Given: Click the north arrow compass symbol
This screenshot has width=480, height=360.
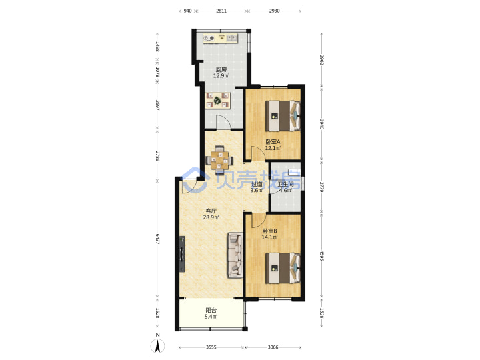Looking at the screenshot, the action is [157, 346].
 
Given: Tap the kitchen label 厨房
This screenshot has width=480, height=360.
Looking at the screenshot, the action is [221, 69].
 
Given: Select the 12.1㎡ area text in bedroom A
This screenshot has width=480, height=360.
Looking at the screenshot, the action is [273, 148].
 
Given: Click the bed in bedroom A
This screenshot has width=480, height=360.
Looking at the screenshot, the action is [283, 116].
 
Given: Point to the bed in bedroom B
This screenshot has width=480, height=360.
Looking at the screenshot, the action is [283, 268].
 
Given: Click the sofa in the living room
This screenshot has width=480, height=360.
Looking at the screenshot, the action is [235, 255].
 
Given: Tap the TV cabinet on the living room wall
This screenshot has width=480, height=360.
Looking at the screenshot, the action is [183, 254].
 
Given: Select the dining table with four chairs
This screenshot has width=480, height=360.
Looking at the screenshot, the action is [219, 160].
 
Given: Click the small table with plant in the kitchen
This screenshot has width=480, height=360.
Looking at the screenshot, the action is [217, 101].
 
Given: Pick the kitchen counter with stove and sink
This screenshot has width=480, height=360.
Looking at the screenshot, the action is [221, 38].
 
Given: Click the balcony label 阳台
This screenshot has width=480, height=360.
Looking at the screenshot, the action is [211, 311].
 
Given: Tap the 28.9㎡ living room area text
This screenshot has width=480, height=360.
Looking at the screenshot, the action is [211, 217].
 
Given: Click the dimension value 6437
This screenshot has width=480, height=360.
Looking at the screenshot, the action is [157, 239].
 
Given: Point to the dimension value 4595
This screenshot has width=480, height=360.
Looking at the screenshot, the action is [322, 255].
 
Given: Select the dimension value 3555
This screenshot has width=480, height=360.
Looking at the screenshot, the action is [211, 347].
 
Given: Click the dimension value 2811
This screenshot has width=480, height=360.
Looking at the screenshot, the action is [221, 11].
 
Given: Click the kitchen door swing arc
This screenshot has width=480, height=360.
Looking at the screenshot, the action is [223, 122].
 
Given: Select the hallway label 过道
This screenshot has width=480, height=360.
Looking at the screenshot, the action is [257, 184].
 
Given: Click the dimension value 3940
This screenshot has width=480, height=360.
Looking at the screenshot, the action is [322, 124].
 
